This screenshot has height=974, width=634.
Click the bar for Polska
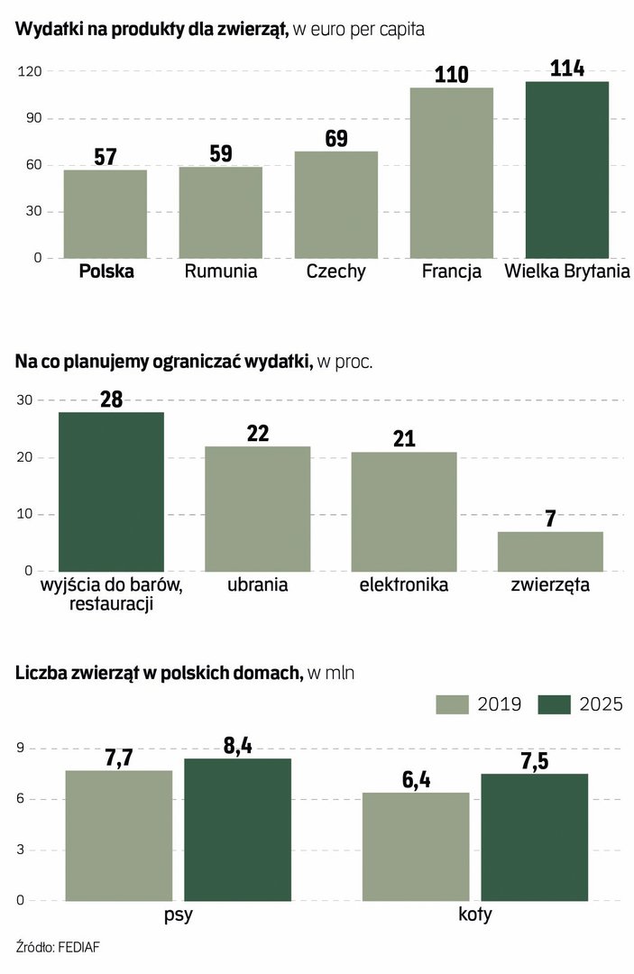coord(106,214)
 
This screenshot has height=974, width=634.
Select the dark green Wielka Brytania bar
coord(567,170)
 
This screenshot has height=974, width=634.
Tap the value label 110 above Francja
coord(452,74)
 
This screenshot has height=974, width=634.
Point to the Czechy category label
coord(335,271)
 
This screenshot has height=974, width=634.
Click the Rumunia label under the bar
coord(221,271)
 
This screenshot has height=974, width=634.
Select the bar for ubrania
coord(258,509)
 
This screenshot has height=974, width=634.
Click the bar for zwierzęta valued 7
coord(549,551)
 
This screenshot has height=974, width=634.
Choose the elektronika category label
coord(403,585)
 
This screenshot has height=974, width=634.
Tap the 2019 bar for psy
coord(119,835)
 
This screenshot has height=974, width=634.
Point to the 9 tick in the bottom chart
coord(20,749)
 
